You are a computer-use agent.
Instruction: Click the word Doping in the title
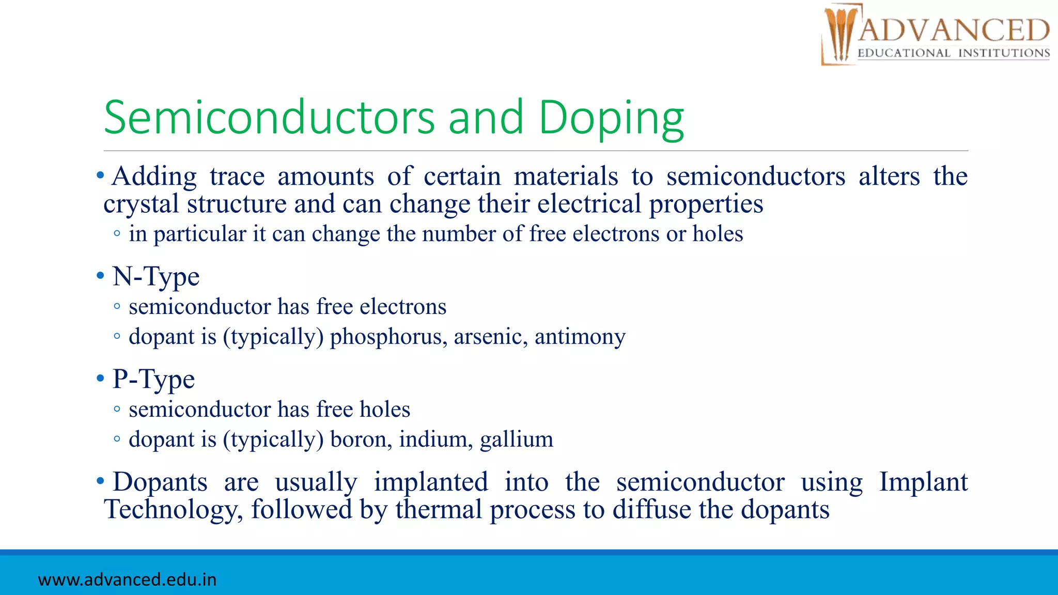tap(611, 118)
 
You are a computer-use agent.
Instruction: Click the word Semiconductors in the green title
tap(269, 117)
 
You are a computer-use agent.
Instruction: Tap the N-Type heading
tap(155, 276)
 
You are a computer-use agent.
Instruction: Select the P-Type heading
tap(153, 379)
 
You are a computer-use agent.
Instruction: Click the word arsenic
tap(490, 337)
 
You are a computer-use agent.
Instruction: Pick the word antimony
tap(580, 337)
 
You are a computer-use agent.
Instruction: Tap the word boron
tap(361, 440)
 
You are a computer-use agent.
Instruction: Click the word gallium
tap(516, 440)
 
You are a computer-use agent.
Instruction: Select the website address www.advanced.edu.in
tap(127, 580)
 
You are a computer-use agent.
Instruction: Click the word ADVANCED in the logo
tap(954, 30)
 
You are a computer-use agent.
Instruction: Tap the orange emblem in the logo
tap(839, 34)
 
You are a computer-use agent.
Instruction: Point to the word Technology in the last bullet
tap(173, 510)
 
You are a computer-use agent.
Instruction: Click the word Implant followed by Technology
tap(923, 482)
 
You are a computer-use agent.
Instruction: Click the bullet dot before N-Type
tap(100, 276)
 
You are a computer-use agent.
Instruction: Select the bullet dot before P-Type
tap(100, 379)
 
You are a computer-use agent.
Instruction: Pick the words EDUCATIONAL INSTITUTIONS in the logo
tap(954, 53)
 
